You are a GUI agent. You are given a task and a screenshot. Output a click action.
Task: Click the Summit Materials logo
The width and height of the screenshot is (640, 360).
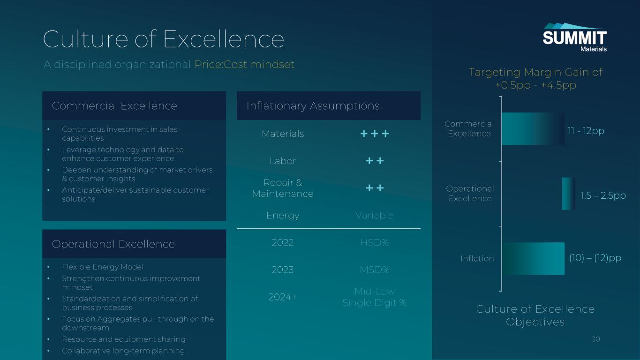(574, 37)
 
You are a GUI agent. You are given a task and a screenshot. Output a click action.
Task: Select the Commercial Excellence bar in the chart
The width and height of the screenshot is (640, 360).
(533, 128)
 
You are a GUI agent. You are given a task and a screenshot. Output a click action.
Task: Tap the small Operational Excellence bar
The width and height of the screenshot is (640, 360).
(569, 194)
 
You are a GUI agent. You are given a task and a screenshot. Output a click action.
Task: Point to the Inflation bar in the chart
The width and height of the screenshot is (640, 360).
(534, 259)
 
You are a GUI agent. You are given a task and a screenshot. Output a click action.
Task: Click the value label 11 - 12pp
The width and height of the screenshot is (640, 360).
(586, 131)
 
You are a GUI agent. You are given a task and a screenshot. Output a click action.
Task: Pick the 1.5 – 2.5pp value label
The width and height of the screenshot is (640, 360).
(603, 195)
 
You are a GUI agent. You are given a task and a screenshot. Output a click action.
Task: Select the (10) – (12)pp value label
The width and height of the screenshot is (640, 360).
(595, 258)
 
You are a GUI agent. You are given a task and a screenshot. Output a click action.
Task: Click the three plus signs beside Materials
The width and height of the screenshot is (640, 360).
(375, 134)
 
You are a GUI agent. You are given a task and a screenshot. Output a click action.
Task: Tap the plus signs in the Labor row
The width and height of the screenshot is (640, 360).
(375, 161)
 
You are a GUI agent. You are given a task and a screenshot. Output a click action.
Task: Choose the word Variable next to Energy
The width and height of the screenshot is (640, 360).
(375, 215)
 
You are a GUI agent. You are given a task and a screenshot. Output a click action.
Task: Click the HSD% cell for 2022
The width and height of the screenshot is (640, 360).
(375, 242)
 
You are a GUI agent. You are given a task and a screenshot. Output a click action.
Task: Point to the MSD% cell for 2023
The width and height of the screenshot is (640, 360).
(375, 270)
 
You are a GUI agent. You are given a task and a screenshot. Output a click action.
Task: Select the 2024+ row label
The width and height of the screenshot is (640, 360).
(283, 297)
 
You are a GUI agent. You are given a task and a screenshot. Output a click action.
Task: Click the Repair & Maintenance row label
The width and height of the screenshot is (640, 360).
(283, 188)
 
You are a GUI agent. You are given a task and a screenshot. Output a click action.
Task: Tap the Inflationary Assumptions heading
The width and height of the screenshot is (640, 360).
(313, 106)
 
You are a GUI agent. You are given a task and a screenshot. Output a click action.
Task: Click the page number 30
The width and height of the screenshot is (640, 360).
(596, 339)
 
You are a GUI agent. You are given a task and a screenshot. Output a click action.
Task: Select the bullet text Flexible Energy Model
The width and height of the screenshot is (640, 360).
(103, 267)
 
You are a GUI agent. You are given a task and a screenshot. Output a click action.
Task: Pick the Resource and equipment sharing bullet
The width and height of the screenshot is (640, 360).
(124, 339)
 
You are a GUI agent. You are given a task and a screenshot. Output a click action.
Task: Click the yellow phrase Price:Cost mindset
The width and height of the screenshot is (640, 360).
(245, 65)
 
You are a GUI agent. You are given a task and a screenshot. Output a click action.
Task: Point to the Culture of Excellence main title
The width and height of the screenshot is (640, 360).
(164, 39)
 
